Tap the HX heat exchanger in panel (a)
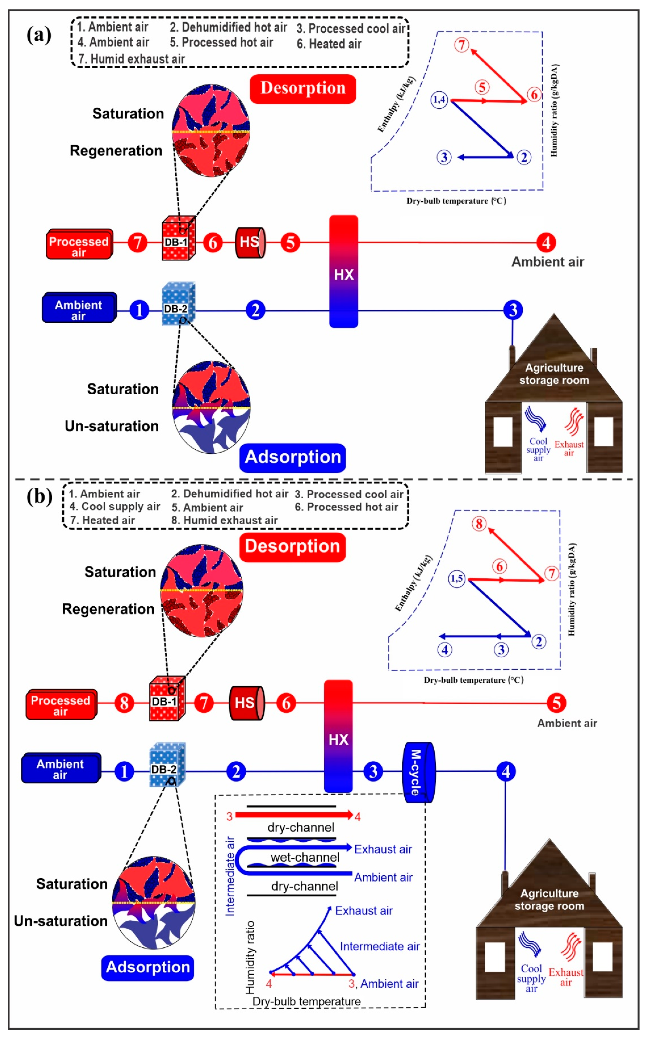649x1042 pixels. click(343, 272)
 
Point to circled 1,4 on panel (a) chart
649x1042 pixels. click(439, 100)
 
